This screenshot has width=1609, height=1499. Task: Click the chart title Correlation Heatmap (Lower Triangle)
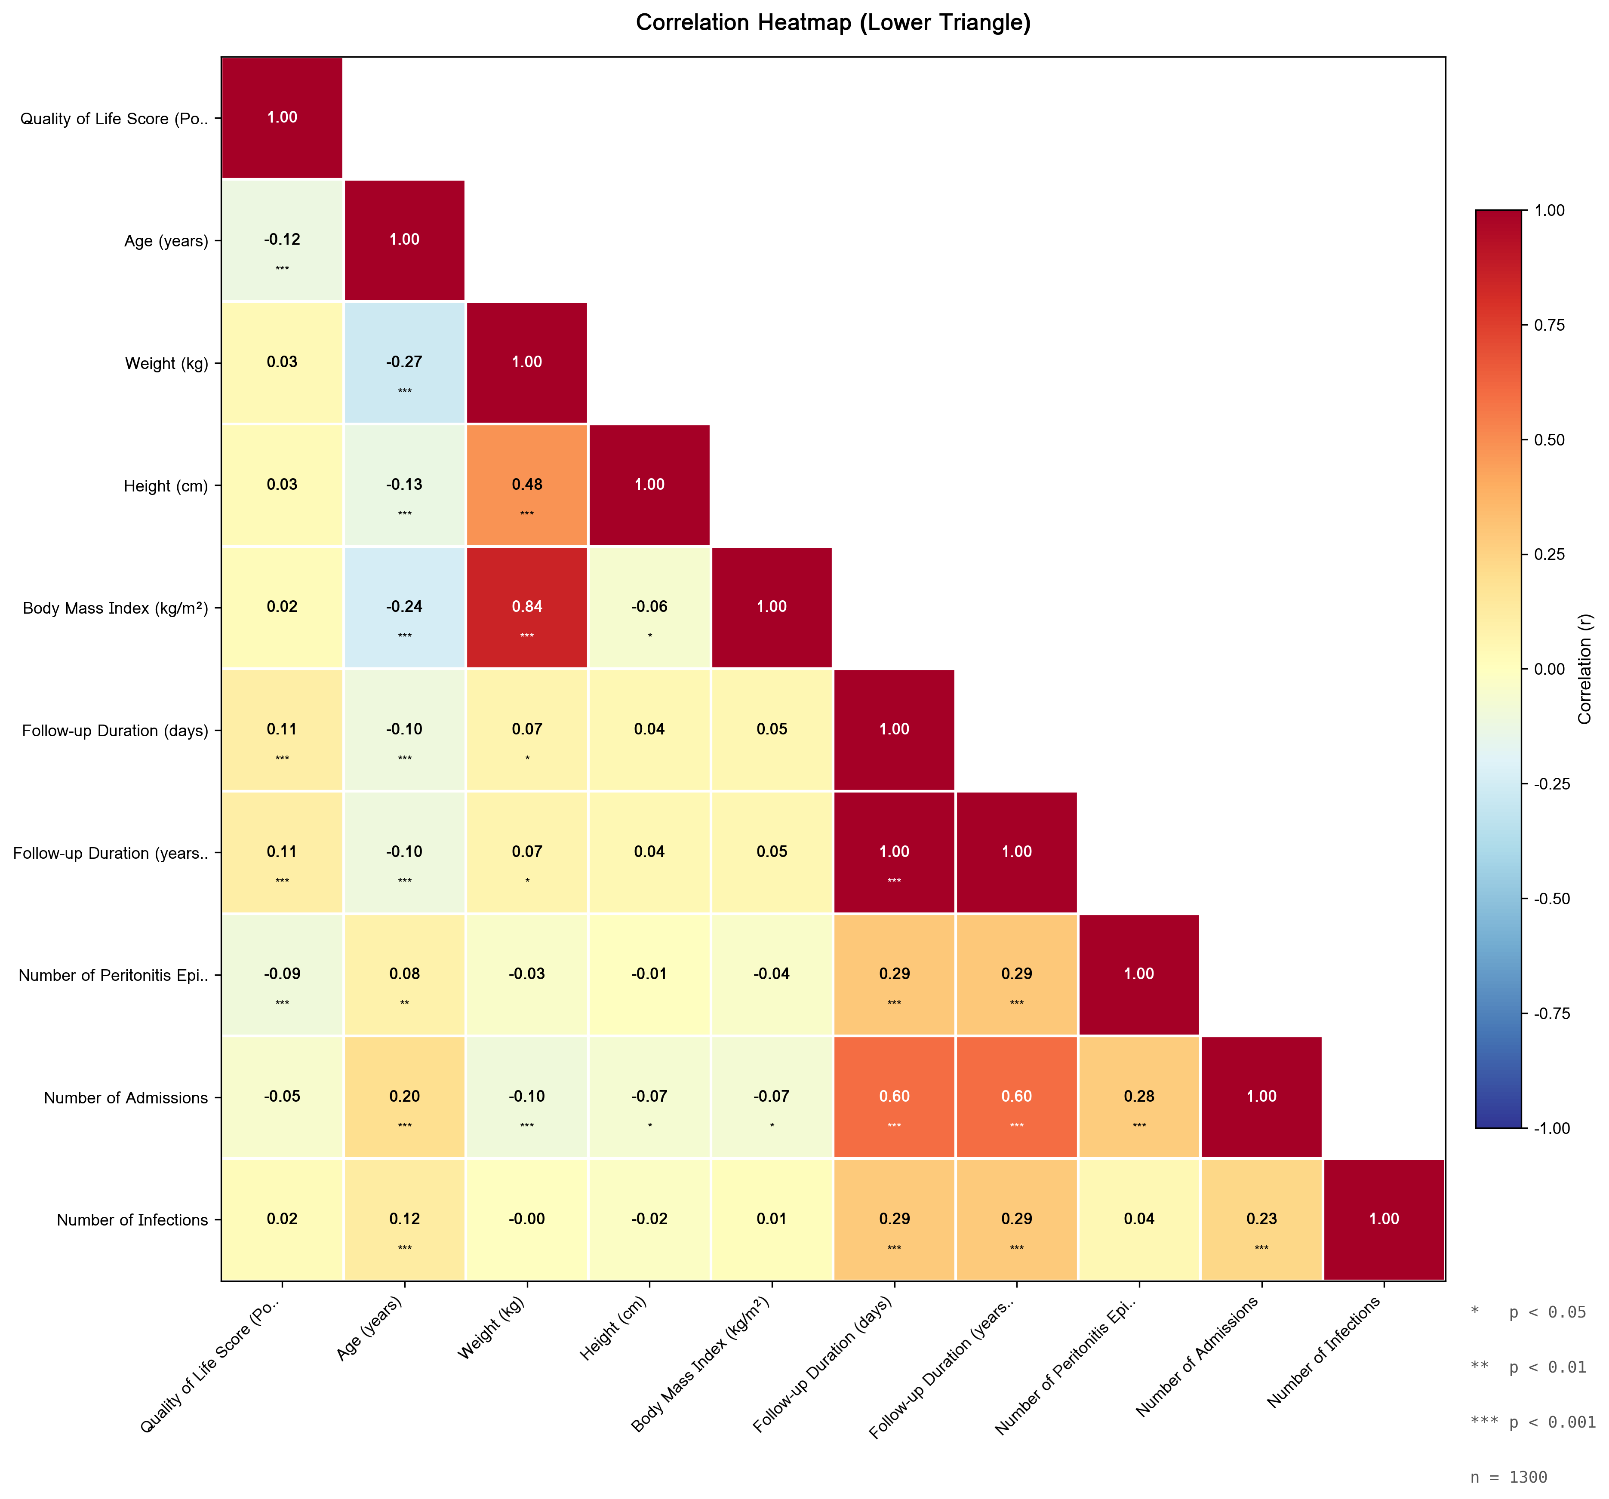coord(833,23)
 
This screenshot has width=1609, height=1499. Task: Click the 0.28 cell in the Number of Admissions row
coord(1139,1097)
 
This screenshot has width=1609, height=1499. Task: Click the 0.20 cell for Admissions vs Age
coord(405,1097)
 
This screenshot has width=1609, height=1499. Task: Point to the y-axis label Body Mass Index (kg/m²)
coord(116,608)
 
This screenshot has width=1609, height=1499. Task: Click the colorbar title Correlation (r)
coord(1585,669)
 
